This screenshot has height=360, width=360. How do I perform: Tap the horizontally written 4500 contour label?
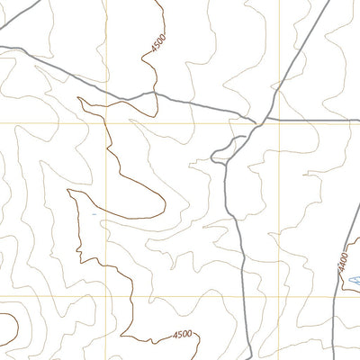(x=183, y=336)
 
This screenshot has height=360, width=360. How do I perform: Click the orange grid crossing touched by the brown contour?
(x=110, y=122)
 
